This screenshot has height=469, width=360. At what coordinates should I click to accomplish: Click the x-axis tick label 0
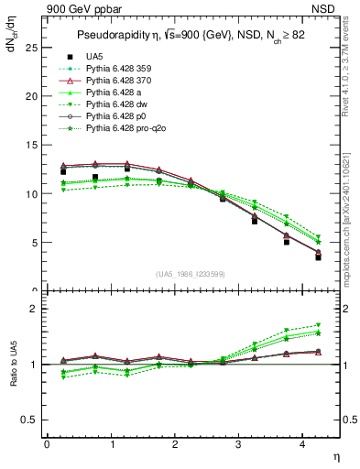coord(47,444)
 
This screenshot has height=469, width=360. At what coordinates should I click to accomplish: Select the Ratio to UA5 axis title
coord(13,366)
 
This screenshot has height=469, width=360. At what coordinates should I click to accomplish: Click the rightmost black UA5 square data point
coord(318,257)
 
